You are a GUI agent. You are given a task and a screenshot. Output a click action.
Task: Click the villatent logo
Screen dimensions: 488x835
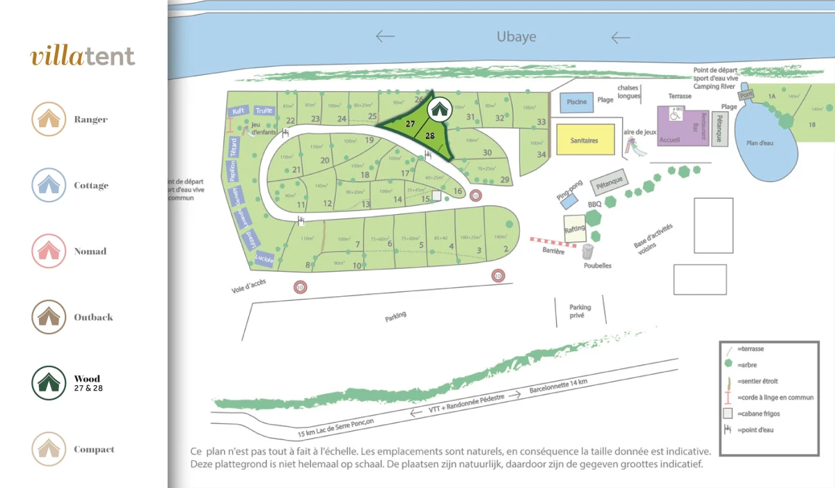(83, 56)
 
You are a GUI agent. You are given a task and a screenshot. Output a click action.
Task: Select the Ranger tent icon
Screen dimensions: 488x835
(48, 119)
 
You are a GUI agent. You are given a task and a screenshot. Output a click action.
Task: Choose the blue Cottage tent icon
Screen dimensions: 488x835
(48, 185)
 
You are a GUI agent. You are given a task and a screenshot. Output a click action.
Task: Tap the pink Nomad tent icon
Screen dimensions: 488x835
(48, 251)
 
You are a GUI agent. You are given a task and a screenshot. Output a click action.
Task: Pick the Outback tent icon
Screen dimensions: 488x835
(48, 317)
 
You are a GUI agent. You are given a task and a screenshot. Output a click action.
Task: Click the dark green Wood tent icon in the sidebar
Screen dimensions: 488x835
(48, 383)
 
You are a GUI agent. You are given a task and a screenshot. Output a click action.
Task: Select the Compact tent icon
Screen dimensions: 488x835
(48, 449)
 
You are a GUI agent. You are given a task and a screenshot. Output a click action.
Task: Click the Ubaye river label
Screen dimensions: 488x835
(516, 37)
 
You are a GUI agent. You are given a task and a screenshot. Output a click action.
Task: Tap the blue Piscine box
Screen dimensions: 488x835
(577, 102)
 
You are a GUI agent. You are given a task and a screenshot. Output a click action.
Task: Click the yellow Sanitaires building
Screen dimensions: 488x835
(584, 140)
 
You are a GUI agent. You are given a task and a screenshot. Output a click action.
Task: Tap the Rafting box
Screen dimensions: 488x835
(575, 228)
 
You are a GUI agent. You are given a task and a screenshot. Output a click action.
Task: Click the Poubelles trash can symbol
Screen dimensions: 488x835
(589, 251)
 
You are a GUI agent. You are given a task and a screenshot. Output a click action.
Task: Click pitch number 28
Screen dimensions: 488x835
(430, 136)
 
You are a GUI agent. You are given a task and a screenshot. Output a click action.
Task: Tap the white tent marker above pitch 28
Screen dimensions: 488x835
(438, 108)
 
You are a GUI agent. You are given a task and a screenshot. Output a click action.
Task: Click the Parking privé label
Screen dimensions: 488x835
(580, 311)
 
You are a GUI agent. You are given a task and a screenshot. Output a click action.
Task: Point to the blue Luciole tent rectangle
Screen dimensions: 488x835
(264, 259)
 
